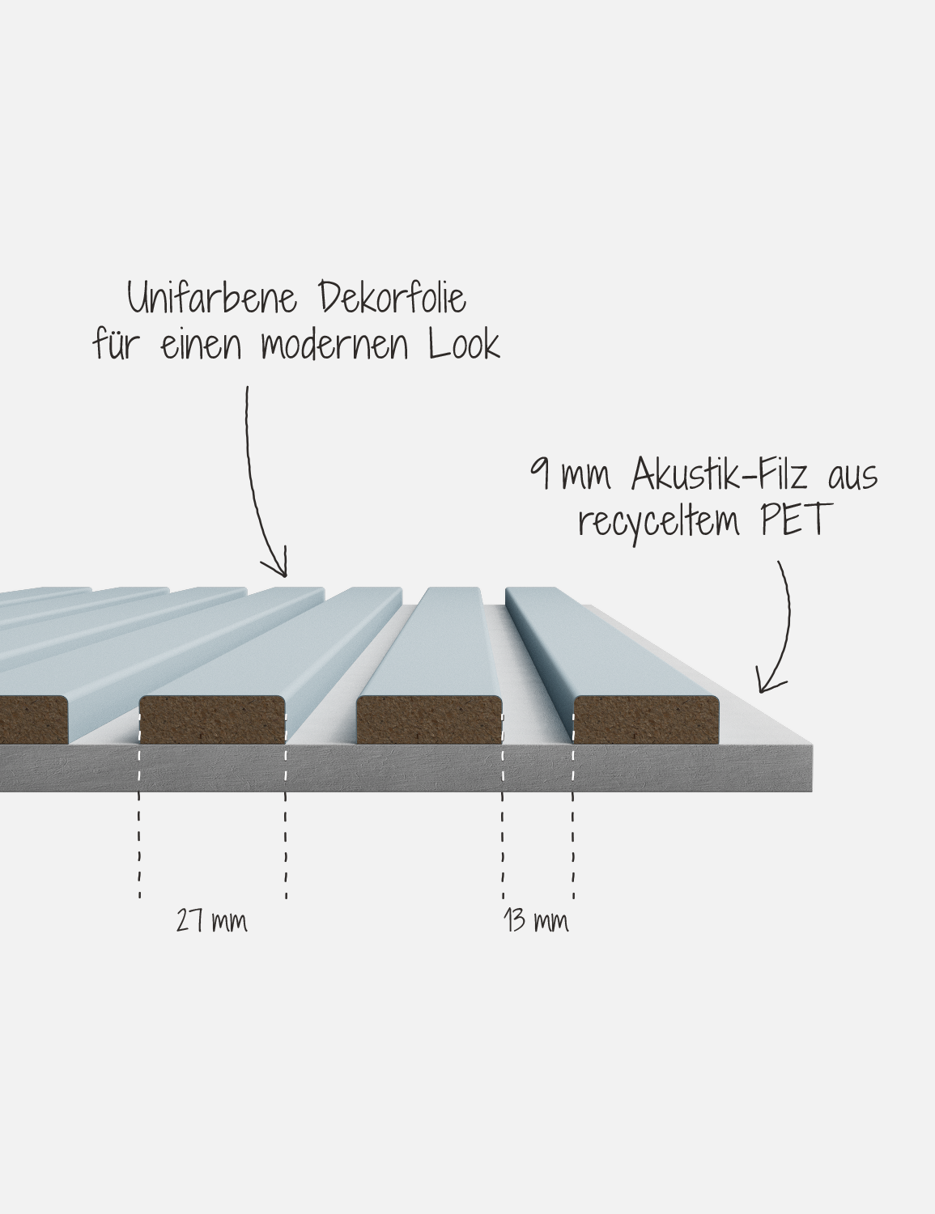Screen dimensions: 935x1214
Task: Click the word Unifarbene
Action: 212,297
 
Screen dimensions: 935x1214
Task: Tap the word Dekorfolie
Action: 393,297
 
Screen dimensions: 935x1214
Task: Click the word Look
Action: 464,344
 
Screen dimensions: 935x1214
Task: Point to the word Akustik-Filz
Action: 720,475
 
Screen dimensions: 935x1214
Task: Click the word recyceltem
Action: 659,521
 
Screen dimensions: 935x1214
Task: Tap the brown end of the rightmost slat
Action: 646,719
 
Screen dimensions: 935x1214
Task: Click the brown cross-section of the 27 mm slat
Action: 212,719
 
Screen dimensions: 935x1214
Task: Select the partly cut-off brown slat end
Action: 33,719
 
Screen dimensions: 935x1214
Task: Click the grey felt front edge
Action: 406,767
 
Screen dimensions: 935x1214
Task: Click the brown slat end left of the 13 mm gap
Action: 429,719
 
